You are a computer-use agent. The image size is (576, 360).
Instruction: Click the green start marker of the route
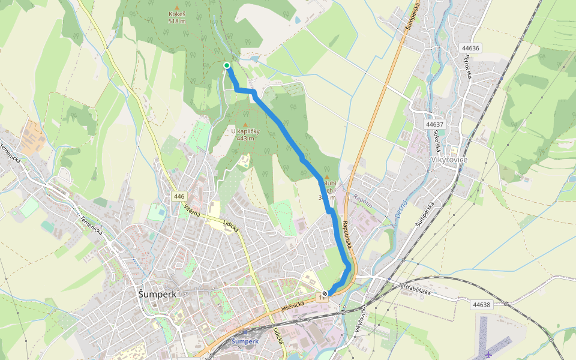(227, 65)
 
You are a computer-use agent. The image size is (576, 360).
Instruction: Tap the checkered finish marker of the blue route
(325, 293)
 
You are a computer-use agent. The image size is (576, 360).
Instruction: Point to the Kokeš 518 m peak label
(177, 17)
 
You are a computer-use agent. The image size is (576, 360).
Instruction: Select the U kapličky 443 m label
(244, 134)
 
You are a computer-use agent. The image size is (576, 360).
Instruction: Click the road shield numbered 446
(179, 197)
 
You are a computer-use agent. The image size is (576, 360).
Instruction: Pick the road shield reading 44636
(470, 48)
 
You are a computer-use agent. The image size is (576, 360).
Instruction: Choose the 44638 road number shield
(481, 305)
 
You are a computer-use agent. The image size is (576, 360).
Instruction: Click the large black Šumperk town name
(158, 295)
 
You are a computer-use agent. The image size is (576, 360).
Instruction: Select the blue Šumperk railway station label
(245, 341)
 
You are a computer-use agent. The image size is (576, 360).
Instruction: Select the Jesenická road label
(293, 307)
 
